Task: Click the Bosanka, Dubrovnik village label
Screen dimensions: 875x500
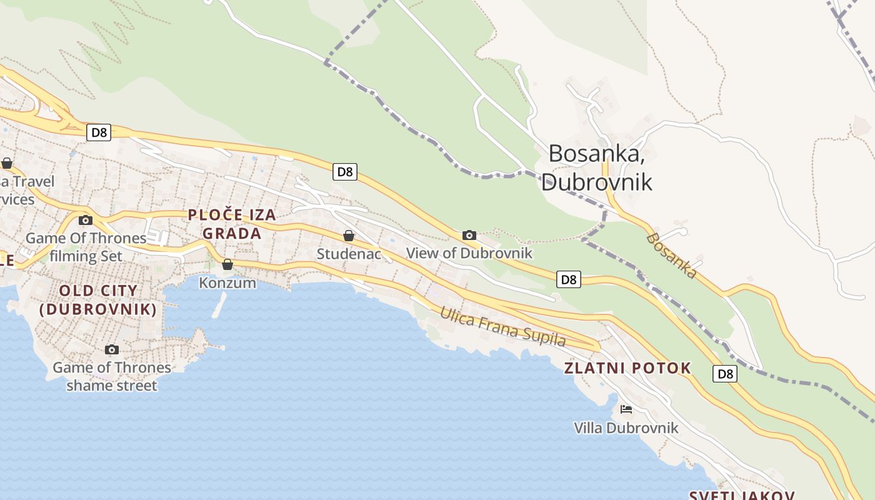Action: point(596,167)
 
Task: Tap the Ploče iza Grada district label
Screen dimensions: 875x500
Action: point(232,224)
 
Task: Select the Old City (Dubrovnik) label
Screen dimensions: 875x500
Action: point(98,299)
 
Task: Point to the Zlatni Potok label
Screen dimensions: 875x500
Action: point(627,368)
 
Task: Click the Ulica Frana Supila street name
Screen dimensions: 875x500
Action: point(502,326)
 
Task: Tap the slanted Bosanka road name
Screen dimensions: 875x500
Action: point(672,255)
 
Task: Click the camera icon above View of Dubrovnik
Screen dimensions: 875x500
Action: point(469,235)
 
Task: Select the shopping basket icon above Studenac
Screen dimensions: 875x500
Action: point(349,236)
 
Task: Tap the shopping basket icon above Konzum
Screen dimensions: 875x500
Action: point(227,264)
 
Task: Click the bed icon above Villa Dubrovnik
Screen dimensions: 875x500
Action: point(626,409)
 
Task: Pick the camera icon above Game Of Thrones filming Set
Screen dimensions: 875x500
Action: point(86,220)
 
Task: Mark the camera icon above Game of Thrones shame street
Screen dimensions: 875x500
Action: point(112,349)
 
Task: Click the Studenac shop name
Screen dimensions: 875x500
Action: point(349,254)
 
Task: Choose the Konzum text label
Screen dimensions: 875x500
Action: point(227,282)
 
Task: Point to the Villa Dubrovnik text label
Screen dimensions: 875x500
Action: point(626,428)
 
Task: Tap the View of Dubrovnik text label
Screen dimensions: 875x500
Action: point(469,253)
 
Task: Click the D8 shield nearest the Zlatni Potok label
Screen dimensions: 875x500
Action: point(724,374)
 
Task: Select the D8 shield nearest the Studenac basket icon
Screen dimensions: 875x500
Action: point(345,172)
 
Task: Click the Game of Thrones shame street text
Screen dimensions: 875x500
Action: point(112,376)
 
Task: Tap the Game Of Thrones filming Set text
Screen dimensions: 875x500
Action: point(86,247)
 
